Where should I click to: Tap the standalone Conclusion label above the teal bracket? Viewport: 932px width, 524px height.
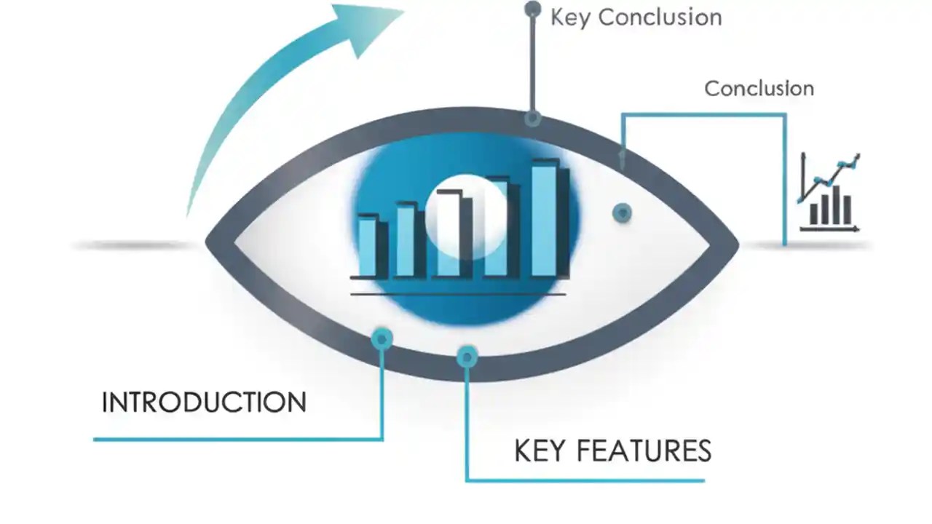click(x=759, y=89)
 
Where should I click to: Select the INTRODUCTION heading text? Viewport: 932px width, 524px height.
click(x=204, y=402)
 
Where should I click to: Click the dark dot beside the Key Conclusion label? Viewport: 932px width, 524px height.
click(x=533, y=9)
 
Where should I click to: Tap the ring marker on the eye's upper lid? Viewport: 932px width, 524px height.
click(x=533, y=117)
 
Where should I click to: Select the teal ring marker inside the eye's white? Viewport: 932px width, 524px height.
click(x=621, y=213)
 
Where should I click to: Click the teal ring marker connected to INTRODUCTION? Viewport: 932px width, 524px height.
click(x=382, y=338)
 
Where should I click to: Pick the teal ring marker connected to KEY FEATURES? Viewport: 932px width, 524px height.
click(x=467, y=356)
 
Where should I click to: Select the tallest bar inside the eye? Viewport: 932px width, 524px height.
click(x=545, y=220)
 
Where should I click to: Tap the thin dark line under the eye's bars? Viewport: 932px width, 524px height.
click(x=458, y=294)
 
